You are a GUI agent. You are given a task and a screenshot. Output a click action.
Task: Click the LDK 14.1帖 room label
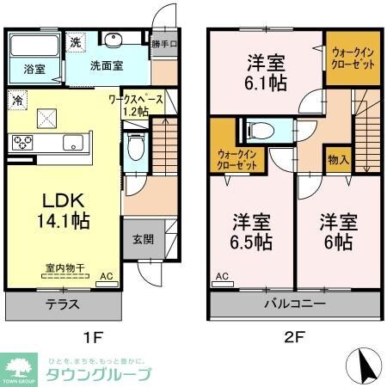pos(61,208)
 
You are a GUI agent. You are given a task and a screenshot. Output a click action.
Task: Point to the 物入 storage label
pos(338,160)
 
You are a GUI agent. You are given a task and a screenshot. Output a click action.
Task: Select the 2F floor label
pos(296,339)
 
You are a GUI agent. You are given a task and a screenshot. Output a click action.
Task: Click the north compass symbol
pos(364,365)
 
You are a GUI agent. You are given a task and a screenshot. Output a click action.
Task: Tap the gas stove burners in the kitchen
pos(21,144)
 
